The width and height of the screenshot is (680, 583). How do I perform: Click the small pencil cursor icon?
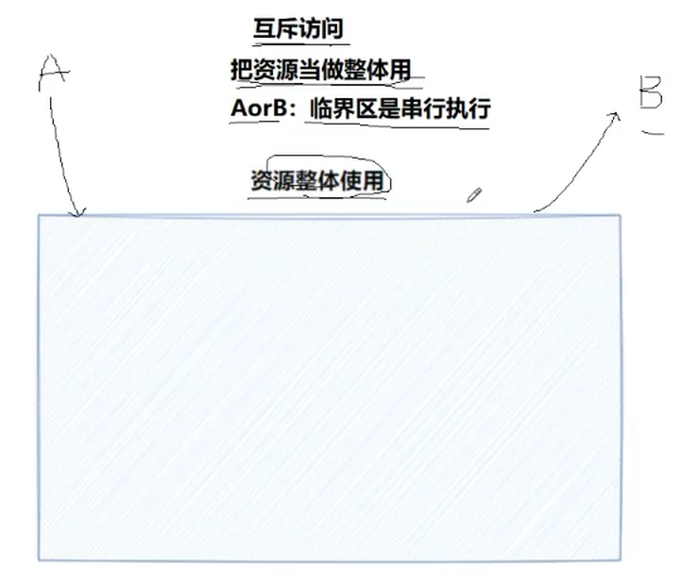[473, 195]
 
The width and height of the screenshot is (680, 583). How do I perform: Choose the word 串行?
[424, 108]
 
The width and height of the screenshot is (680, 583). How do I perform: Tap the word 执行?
[469, 108]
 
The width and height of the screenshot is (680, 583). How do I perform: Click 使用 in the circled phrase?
[365, 179]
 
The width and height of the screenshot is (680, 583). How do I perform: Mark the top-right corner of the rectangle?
[620, 216]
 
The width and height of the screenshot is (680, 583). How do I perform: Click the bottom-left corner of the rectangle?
[39, 559]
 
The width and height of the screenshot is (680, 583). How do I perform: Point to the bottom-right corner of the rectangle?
[620, 559]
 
